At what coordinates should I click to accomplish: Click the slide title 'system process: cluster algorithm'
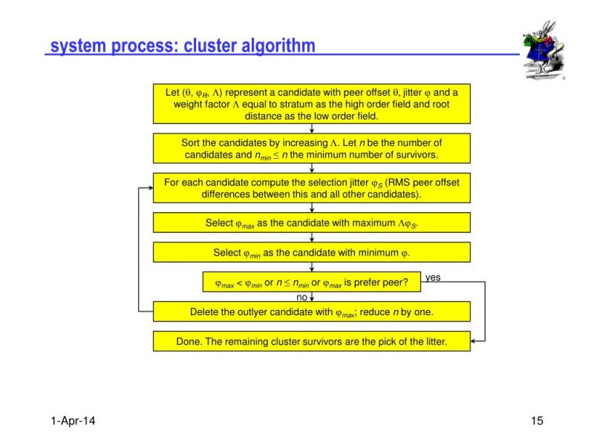tap(183, 46)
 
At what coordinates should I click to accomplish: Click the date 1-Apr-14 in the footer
tap(73, 421)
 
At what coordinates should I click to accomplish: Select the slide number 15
tap(538, 421)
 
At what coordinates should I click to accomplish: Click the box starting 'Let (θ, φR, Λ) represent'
tap(311, 104)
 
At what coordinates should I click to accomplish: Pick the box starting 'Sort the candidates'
tap(311, 148)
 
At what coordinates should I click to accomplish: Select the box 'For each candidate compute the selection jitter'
tap(311, 188)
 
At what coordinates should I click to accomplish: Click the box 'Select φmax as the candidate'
tap(311, 222)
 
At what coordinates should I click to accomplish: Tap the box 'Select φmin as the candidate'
tap(311, 252)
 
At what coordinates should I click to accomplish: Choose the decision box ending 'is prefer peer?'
tap(306, 282)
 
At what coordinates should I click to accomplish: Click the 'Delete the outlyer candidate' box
tap(311, 311)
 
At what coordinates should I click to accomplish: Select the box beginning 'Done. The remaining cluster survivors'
tap(311, 341)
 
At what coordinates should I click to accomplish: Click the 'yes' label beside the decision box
tap(433, 277)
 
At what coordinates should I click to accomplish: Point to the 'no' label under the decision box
tap(302, 297)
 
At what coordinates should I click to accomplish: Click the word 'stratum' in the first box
tap(287, 105)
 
